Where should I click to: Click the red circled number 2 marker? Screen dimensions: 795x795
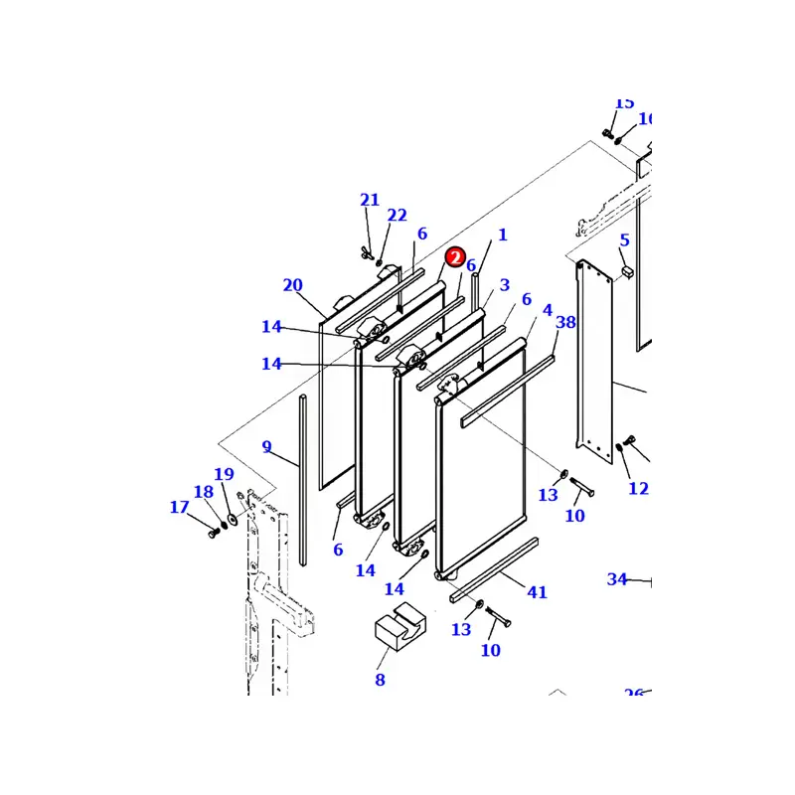[455, 257]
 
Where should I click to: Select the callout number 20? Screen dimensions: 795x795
[292, 285]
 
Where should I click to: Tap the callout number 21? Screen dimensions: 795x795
[370, 200]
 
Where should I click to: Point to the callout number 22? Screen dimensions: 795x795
[397, 216]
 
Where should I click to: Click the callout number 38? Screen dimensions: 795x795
[565, 322]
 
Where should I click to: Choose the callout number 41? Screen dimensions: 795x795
[537, 592]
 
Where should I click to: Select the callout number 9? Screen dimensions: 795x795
[266, 447]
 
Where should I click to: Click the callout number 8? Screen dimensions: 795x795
[380, 680]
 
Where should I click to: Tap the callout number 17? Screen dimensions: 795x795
[179, 508]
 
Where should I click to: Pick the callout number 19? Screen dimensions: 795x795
[224, 475]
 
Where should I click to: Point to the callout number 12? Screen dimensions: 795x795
[638, 488]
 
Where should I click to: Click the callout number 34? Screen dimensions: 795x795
[617, 579]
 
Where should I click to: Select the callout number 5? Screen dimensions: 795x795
[624, 240]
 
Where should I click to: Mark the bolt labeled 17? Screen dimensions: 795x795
[213, 534]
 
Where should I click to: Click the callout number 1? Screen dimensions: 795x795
[503, 236]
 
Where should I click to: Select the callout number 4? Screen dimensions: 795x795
[547, 311]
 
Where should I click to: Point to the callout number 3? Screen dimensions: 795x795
[505, 285]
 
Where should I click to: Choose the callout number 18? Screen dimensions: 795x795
[203, 492]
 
